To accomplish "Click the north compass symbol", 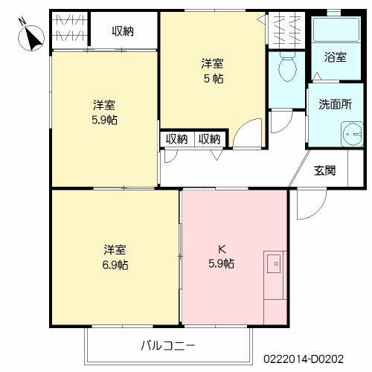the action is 31,37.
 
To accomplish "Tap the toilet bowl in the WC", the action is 288,66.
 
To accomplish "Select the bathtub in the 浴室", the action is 336,30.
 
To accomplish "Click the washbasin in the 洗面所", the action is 352,134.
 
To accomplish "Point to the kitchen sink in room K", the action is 274,264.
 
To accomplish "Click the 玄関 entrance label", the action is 324,170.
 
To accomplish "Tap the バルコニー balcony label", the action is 168,345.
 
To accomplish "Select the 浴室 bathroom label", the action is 335,57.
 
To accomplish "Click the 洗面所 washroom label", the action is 335,104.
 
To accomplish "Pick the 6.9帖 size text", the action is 115,265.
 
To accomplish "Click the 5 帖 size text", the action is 214,79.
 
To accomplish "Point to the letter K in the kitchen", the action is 222,249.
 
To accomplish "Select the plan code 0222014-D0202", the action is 304,359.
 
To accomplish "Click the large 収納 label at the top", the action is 123,31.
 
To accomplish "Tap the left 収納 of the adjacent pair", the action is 176,139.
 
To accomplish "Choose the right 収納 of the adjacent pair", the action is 210,139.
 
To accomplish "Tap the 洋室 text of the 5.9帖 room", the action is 104,105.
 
